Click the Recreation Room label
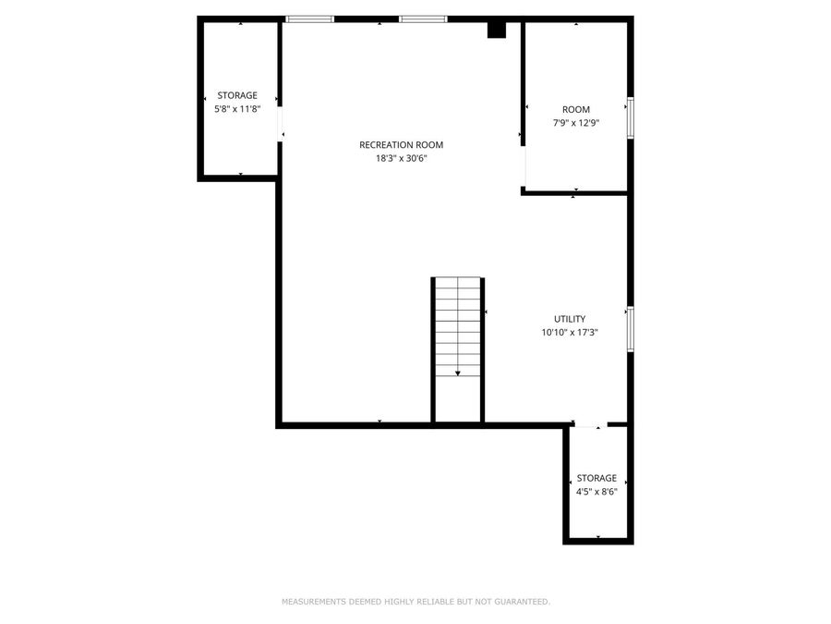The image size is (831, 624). pos(401,144)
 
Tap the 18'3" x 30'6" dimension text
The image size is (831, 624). pos(401,158)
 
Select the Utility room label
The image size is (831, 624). pos(570,319)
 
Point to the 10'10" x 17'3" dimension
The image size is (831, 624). pos(570,333)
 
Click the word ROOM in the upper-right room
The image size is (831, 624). pos(576,109)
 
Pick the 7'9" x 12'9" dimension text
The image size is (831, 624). pos(576,123)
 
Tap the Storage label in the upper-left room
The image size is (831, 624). pos(237,95)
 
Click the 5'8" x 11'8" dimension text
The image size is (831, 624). pos(237,109)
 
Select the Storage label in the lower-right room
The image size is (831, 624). pos(596,478)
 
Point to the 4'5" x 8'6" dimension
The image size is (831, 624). pos(596,492)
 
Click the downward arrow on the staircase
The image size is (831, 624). pos(458,373)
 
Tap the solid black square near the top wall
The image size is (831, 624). pos(497,30)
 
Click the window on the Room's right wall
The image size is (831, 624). pos(631,117)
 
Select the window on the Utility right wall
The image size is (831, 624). pos(631,328)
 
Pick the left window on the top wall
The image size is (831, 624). pos(309,18)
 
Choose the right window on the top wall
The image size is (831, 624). pos(423,18)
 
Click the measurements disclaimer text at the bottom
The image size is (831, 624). pos(415,602)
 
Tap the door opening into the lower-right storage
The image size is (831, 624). pos(588,425)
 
